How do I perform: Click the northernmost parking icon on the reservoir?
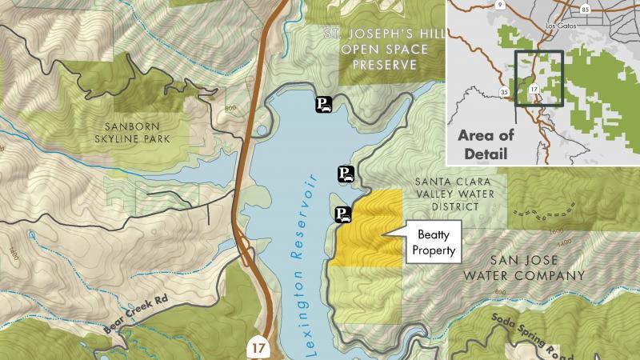[x=322, y=104]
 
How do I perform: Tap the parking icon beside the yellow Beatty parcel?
[x=342, y=214]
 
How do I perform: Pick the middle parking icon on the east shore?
[x=345, y=174]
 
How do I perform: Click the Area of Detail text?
[x=486, y=144]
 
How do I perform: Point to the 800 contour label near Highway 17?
[x=232, y=107]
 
